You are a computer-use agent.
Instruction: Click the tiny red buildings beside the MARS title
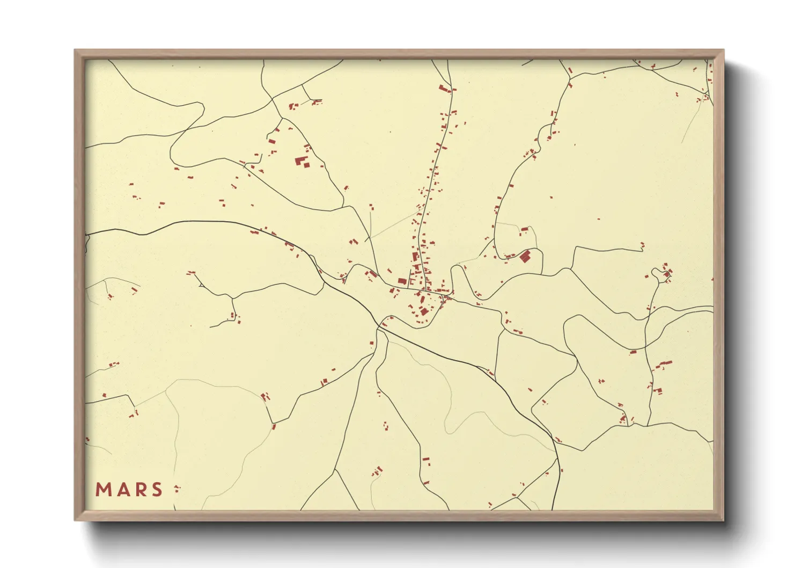(x=177, y=489)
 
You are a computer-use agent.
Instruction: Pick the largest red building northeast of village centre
(x=525, y=256)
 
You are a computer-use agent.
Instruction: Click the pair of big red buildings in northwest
(x=302, y=162)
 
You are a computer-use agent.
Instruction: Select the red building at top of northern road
(x=444, y=88)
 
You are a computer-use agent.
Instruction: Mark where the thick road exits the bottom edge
(x=554, y=509)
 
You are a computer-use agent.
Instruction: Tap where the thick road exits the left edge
(x=86, y=234)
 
